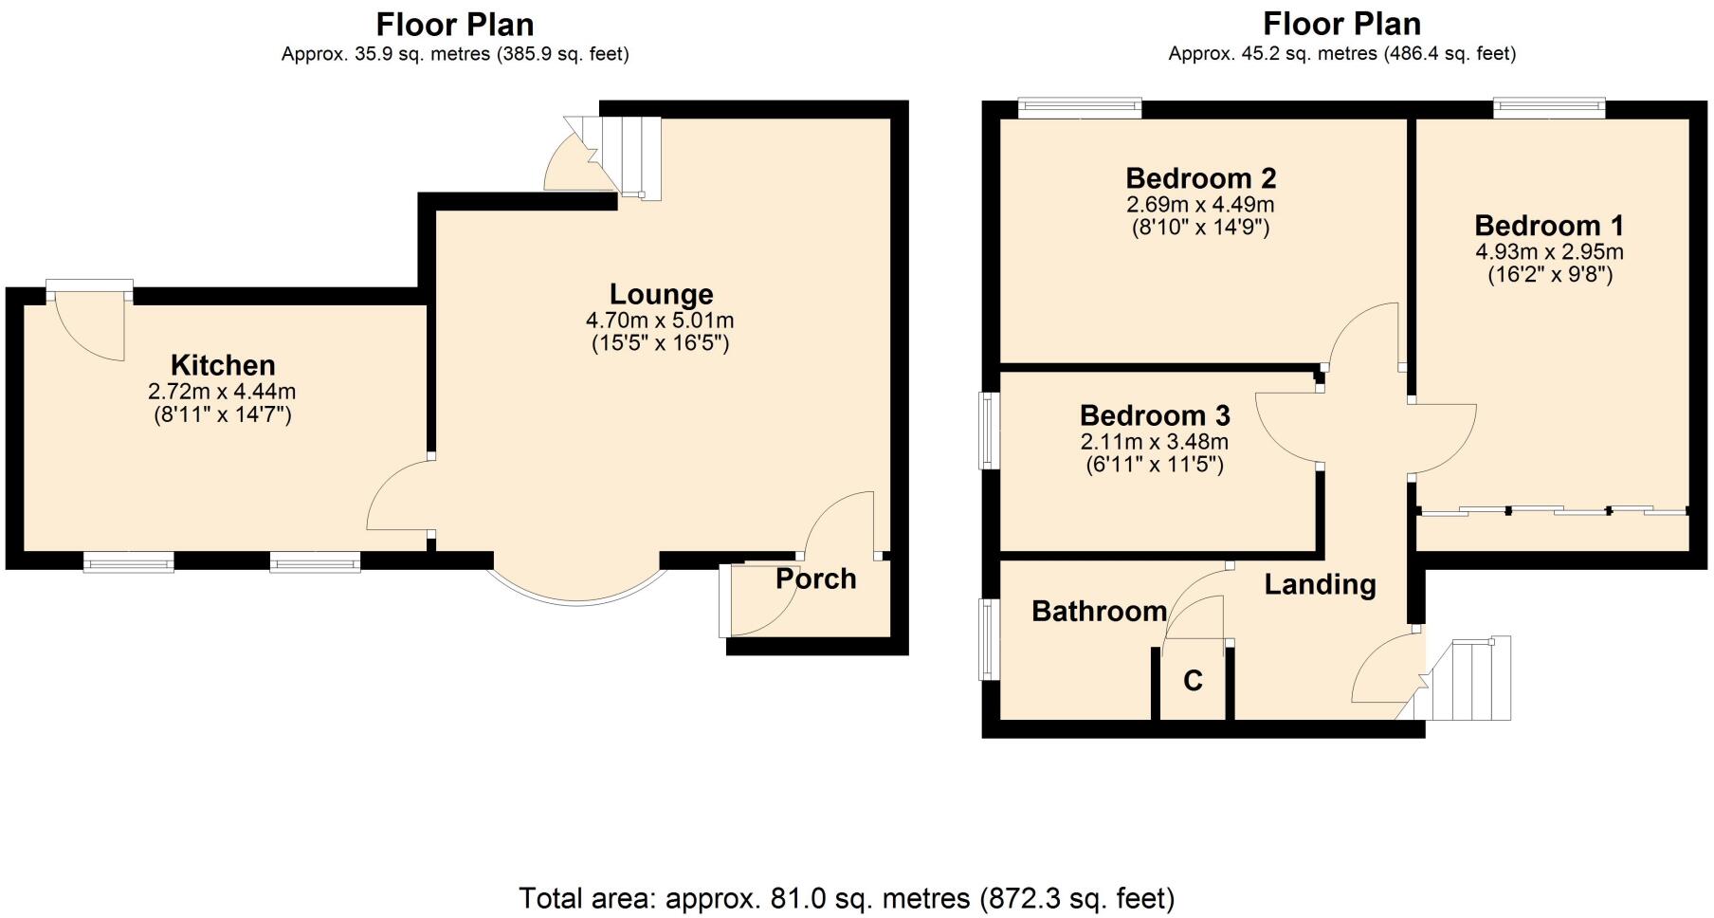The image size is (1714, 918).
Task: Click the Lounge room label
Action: pyautogui.click(x=661, y=294)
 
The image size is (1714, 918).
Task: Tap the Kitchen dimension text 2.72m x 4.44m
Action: pyautogui.click(x=222, y=391)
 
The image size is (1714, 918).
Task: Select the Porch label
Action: pyautogui.click(x=815, y=578)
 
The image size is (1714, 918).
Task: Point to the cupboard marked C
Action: pyautogui.click(x=1193, y=681)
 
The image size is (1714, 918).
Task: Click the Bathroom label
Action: pyautogui.click(x=1099, y=612)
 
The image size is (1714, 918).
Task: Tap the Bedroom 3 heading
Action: pyautogui.click(x=1155, y=415)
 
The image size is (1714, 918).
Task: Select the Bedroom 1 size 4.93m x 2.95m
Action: pyautogui.click(x=1549, y=252)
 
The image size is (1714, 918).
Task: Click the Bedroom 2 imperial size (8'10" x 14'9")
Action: pyautogui.click(x=1200, y=228)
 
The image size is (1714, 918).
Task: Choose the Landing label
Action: pyautogui.click(x=1320, y=584)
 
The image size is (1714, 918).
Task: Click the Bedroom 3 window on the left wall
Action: pyautogui.click(x=989, y=431)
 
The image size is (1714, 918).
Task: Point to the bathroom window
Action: pyautogui.click(x=989, y=638)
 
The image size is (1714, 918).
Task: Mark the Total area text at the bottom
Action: pyautogui.click(x=847, y=897)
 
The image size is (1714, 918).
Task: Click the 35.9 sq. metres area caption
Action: pyautogui.click(x=455, y=54)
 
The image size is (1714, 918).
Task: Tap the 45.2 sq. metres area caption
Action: pyautogui.click(x=1341, y=54)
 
